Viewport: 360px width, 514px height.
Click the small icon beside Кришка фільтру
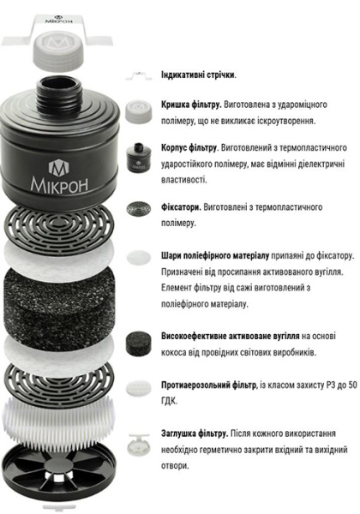(x=137, y=108)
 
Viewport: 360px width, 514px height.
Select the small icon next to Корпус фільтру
(x=137, y=158)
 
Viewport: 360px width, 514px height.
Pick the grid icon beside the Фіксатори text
(x=137, y=208)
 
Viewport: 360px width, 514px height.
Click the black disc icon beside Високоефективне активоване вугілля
(x=137, y=341)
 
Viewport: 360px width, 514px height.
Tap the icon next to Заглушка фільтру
(x=137, y=442)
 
